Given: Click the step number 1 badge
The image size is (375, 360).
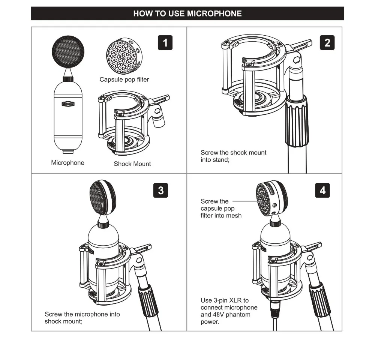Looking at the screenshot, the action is click(165, 43).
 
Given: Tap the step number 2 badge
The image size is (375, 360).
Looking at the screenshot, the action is click(327, 43).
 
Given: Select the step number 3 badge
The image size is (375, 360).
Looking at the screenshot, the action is click(160, 190).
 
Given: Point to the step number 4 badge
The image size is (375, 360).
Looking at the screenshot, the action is click(322, 190).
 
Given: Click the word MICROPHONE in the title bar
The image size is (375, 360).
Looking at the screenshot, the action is click(214, 13).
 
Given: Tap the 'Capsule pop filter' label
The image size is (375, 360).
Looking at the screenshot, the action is click(124, 79).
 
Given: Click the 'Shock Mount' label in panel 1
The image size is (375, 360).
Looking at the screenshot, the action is click(132, 164).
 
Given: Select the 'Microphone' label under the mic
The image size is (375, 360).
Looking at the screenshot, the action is click(67, 163).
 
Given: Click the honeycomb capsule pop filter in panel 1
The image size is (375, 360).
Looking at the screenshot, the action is click(124, 56).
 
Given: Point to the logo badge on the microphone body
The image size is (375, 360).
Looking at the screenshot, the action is click(68, 104).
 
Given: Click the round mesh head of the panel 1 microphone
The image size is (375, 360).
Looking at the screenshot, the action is click(68, 51).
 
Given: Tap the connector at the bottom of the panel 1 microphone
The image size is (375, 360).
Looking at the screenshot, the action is click(68, 151).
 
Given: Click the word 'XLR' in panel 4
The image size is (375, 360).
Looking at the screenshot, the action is click(235, 300).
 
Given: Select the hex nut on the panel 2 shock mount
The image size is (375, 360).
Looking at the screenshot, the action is click(297, 60).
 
